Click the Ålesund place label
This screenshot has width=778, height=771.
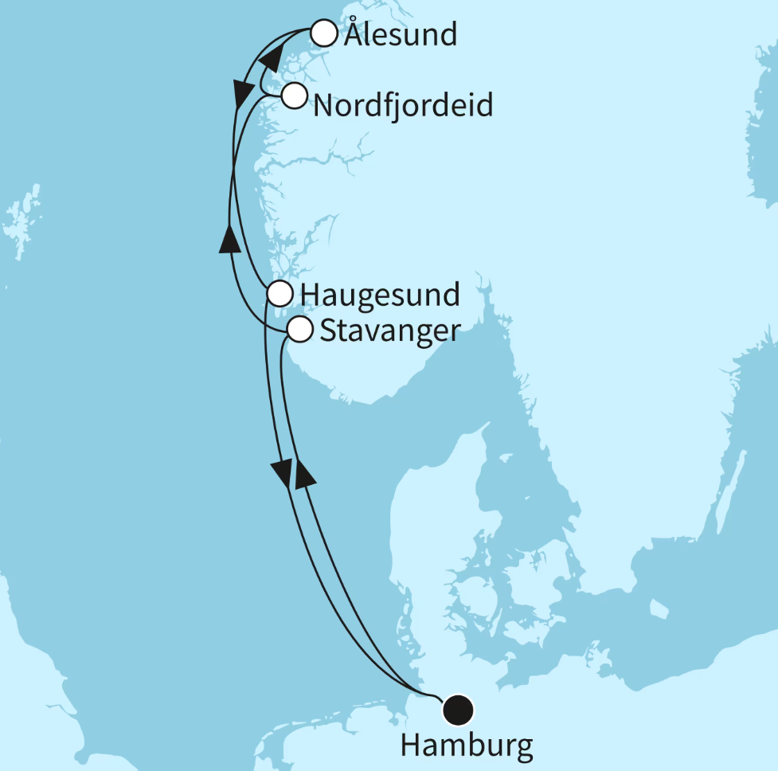click(401, 34)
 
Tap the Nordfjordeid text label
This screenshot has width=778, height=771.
click(403, 104)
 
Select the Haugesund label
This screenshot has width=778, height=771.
click(379, 295)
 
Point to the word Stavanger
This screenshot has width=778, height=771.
click(389, 330)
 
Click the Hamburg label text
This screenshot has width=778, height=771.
click(466, 746)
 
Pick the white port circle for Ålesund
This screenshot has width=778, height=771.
click(323, 33)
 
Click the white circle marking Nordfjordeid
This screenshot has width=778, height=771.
click(294, 96)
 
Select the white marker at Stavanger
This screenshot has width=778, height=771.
click(299, 329)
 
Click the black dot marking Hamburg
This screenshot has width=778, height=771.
click(458, 708)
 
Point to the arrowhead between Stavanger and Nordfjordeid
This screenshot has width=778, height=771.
click(229, 238)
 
